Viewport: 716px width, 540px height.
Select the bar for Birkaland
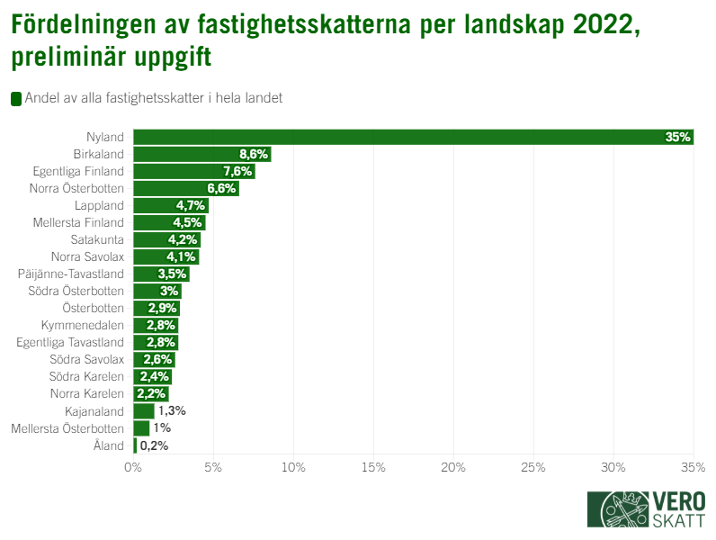point(201,154)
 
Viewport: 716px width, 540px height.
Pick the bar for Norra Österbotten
point(185,188)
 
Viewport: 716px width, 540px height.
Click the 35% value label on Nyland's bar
point(677,137)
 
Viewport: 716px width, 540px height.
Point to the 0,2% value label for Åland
point(154,445)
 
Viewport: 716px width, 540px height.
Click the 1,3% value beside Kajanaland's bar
point(171,411)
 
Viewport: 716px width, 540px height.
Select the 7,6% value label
point(238,171)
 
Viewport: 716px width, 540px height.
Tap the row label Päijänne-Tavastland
point(71,274)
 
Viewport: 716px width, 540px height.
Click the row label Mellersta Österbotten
point(67,428)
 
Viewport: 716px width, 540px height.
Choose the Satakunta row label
point(97,239)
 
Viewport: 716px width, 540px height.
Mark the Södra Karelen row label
point(87,377)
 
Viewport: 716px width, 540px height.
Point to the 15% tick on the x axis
point(373,467)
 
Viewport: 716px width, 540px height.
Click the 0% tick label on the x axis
point(133,467)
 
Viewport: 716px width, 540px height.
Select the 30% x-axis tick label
point(613,467)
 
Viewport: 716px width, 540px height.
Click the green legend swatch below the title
point(15,99)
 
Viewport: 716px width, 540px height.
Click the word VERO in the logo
point(679,501)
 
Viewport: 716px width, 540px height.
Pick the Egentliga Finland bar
point(193,171)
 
